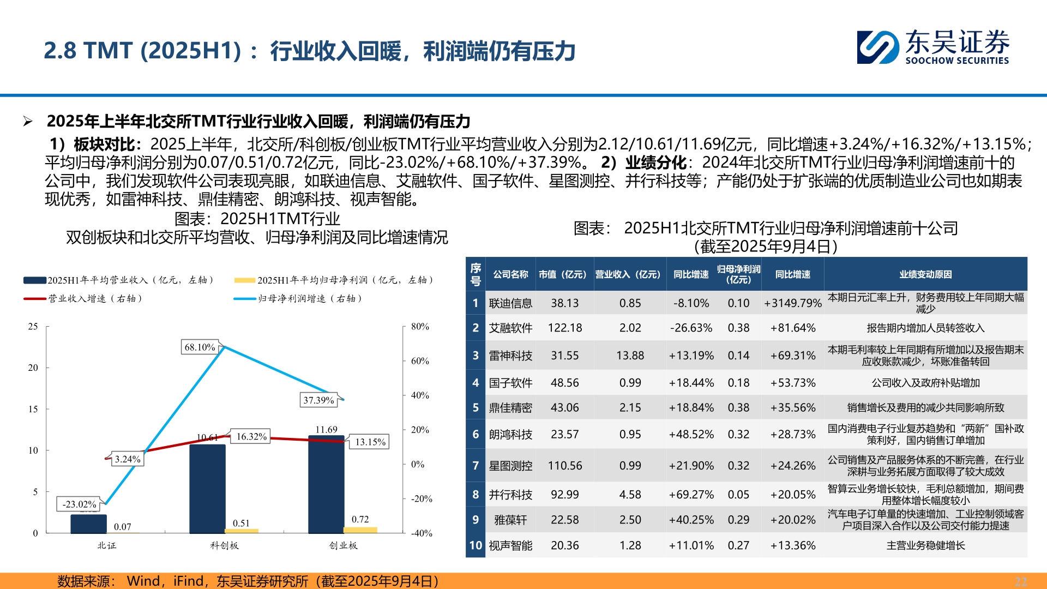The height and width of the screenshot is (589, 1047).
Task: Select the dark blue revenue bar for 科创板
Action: (x=207, y=488)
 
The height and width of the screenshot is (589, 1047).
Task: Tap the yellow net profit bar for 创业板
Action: (x=360, y=530)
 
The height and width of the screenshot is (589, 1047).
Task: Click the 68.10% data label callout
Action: (x=200, y=347)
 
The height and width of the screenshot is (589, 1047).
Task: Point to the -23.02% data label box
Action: (x=79, y=504)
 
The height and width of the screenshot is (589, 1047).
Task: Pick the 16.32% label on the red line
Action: (x=251, y=437)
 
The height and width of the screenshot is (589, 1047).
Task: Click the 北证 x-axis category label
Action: (x=107, y=545)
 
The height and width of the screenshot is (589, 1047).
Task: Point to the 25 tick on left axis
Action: (x=33, y=327)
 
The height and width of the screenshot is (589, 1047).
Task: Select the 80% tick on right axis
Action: (x=420, y=327)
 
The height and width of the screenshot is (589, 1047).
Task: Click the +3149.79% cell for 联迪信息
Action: (x=792, y=303)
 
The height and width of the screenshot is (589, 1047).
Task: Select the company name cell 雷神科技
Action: (x=510, y=356)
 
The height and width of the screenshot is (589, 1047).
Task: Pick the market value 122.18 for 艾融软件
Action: (x=565, y=328)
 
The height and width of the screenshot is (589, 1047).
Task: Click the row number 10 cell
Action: (x=476, y=545)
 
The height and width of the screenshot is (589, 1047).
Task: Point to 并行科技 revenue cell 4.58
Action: (x=630, y=495)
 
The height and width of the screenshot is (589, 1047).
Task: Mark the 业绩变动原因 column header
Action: (x=925, y=274)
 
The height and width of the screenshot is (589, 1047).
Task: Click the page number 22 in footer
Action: (x=1021, y=581)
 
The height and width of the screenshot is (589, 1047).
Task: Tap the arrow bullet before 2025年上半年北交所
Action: (x=28, y=122)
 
